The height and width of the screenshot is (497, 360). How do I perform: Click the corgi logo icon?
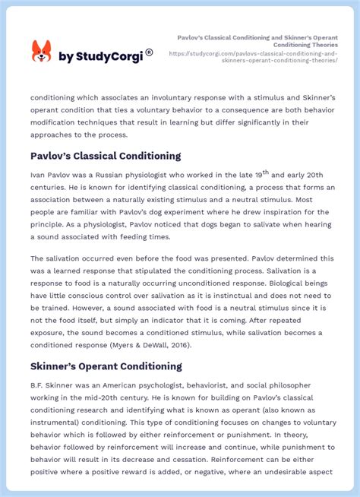pyautogui.click(x=41, y=51)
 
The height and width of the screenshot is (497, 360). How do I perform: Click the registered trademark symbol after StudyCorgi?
pyautogui.click(x=149, y=52)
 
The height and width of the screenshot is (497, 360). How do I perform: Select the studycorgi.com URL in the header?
pyautogui.click(x=253, y=57)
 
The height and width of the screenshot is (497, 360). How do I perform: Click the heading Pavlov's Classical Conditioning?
pyautogui.click(x=106, y=156)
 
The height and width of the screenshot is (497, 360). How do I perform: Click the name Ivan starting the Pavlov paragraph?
pyautogui.click(x=39, y=175)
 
